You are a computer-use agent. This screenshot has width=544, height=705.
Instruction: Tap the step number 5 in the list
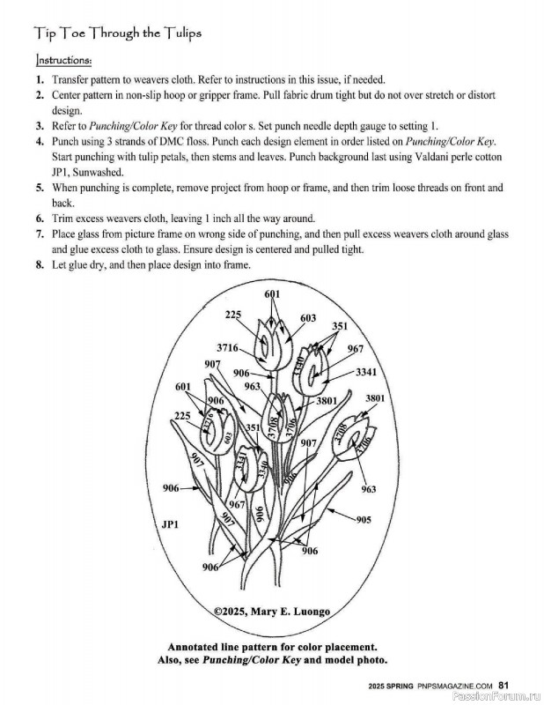pos(40,188)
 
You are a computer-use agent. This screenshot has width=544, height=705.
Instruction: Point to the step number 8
pos(40,265)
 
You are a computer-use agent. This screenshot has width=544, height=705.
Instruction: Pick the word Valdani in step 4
pos(398,156)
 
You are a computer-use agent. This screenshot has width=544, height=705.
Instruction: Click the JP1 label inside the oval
pos(170,524)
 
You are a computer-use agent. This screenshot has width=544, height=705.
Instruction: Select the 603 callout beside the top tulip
pos(308,318)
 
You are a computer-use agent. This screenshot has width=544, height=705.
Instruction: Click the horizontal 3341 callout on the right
pos(365,372)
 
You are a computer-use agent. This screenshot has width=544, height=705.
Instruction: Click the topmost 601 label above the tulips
pos(271,293)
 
